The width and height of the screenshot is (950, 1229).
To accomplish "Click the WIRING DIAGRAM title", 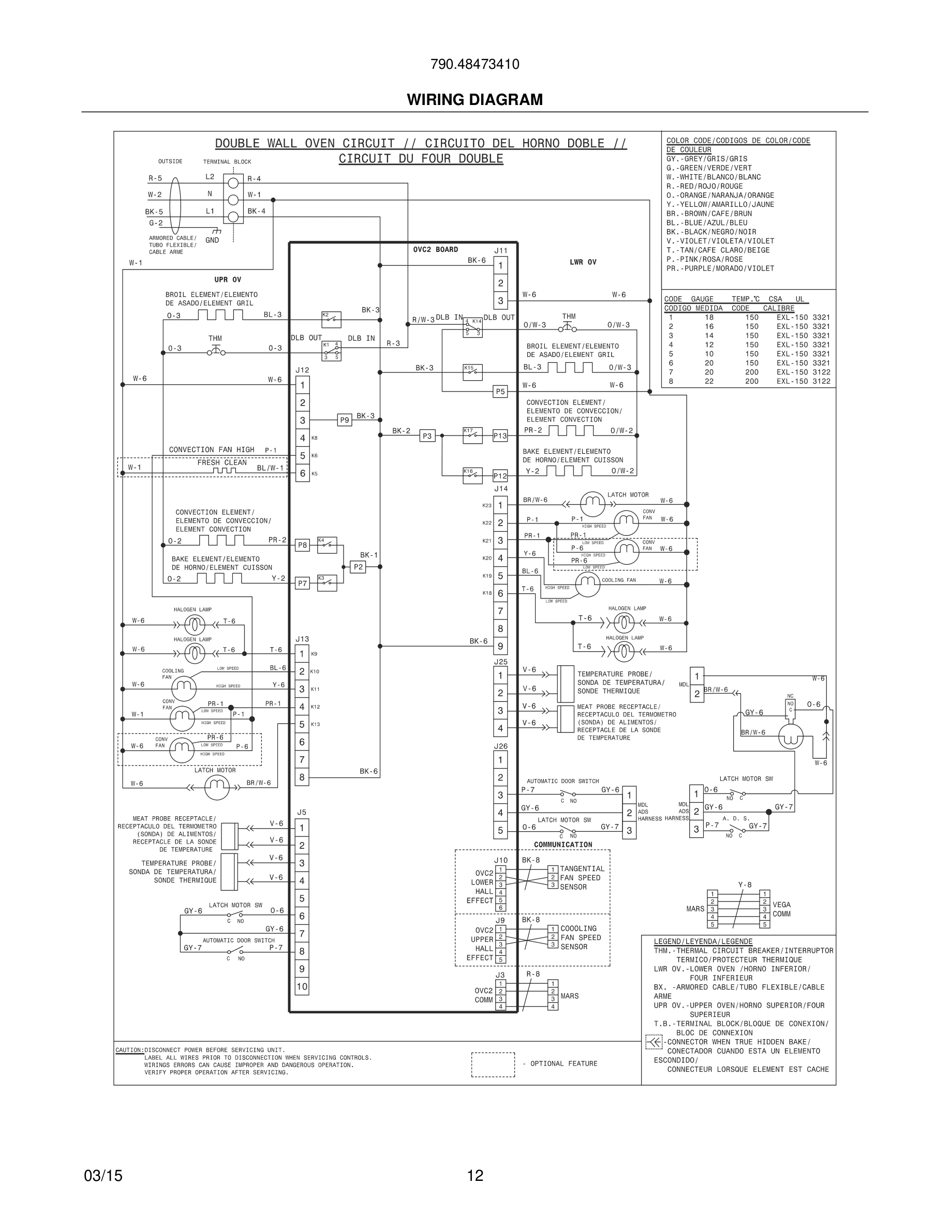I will pyautogui.click(x=474, y=100).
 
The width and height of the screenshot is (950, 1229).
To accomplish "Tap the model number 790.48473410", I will pyautogui.click(x=474, y=64).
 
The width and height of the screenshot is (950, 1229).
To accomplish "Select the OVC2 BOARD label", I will pyautogui.click(x=435, y=249).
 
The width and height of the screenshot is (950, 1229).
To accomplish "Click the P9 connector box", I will pyautogui.click(x=345, y=420).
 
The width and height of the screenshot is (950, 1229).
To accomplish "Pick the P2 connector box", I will pyautogui.click(x=358, y=567).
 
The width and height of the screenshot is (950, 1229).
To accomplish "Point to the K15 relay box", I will pyautogui.click(x=472, y=372).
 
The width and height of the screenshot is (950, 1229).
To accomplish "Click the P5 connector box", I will pyautogui.click(x=500, y=392).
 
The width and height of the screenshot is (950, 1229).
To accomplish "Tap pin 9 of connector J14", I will pyautogui.click(x=500, y=646).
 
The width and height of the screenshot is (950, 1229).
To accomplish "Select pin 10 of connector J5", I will pyautogui.click(x=302, y=986).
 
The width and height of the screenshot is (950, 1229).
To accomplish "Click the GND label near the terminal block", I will pyautogui.click(x=212, y=241).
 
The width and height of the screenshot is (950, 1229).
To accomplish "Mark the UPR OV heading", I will pyautogui.click(x=227, y=280).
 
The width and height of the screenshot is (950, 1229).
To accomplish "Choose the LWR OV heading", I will pyautogui.click(x=583, y=262).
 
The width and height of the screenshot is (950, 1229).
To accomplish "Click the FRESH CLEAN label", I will pyautogui.click(x=222, y=462).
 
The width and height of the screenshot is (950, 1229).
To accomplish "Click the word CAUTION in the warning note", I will pyautogui.click(x=129, y=1050).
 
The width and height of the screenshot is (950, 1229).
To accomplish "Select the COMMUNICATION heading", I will pyautogui.click(x=563, y=845).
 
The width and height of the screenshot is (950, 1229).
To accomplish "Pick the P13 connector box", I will pyautogui.click(x=500, y=436).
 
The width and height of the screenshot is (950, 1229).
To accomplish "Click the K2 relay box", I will pyautogui.click(x=331, y=319).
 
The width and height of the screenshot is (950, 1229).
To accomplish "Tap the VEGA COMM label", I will pyautogui.click(x=781, y=909).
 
